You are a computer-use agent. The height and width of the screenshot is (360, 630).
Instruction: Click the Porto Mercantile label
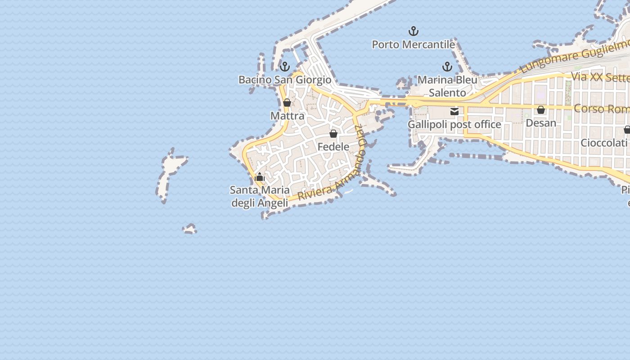point(413,45)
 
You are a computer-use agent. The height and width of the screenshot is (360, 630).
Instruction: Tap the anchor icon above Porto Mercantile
point(413,31)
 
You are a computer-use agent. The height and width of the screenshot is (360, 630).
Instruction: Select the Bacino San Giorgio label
point(284,80)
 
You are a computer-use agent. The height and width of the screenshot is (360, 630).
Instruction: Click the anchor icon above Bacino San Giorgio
point(284,67)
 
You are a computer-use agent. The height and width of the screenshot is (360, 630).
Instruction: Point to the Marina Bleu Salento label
point(447,86)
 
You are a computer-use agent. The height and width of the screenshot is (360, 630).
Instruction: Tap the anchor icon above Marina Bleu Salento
point(447,67)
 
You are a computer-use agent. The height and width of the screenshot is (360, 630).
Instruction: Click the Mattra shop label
point(287,116)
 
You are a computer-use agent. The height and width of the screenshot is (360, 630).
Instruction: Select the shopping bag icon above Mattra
point(287,103)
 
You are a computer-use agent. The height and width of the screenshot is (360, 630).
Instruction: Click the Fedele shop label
point(333,147)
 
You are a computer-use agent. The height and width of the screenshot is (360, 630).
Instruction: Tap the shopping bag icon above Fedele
point(333,134)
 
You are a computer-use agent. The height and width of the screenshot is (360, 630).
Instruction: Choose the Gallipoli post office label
point(454,124)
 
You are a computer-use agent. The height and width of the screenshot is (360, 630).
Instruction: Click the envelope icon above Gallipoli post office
point(454,111)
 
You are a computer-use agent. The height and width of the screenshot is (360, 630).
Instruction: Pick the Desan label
point(540,123)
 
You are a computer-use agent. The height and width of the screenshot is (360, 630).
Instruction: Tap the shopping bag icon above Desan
point(541,110)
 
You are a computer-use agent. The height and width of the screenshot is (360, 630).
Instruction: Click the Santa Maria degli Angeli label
point(260,196)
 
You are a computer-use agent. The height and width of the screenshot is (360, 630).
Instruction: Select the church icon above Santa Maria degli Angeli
point(259,177)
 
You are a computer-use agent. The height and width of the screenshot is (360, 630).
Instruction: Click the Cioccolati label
point(603,143)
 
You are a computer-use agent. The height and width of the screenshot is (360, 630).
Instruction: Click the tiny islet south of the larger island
point(189,229)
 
